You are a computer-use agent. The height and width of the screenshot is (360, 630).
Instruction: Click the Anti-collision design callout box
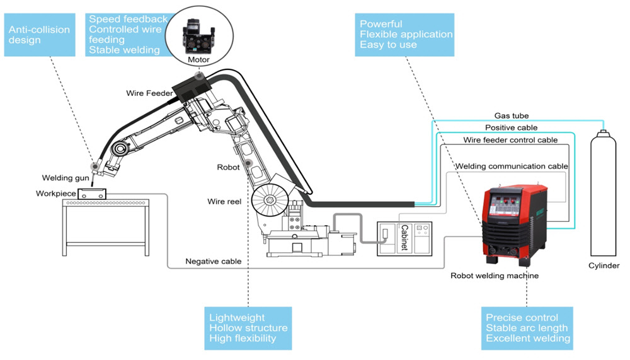(x=40, y=35)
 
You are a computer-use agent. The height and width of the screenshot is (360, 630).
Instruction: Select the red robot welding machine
(x=515, y=224)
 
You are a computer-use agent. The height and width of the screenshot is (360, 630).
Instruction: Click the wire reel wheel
(x=270, y=200)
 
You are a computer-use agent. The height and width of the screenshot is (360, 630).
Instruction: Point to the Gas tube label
(x=512, y=116)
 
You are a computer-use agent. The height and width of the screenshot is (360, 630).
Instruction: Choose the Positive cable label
(x=511, y=127)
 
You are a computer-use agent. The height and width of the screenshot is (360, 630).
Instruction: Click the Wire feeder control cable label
(x=510, y=140)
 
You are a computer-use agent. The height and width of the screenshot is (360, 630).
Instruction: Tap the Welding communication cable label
(x=512, y=166)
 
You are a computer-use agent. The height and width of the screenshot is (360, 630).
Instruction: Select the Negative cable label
(x=214, y=262)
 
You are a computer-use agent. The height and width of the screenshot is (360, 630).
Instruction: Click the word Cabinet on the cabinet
(x=404, y=237)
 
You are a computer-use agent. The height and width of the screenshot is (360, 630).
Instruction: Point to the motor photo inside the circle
(x=198, y=36)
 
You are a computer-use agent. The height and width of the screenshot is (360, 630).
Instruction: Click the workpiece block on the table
(x=91, y=194)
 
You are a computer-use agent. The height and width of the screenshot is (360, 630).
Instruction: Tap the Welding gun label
(x=66, y=178)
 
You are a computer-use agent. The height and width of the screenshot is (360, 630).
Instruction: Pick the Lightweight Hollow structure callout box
(x=248, y=328)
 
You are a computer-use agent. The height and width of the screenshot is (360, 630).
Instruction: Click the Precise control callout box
(x=527, y=328)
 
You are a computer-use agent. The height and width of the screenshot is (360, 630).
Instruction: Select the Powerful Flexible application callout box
(x=404, y=35)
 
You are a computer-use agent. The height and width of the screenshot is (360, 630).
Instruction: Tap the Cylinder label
(x=604, y=266)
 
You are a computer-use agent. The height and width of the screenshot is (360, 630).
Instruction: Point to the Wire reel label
(x=224, y=202)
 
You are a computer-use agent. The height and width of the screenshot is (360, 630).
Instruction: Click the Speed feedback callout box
(x=128, y=35)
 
